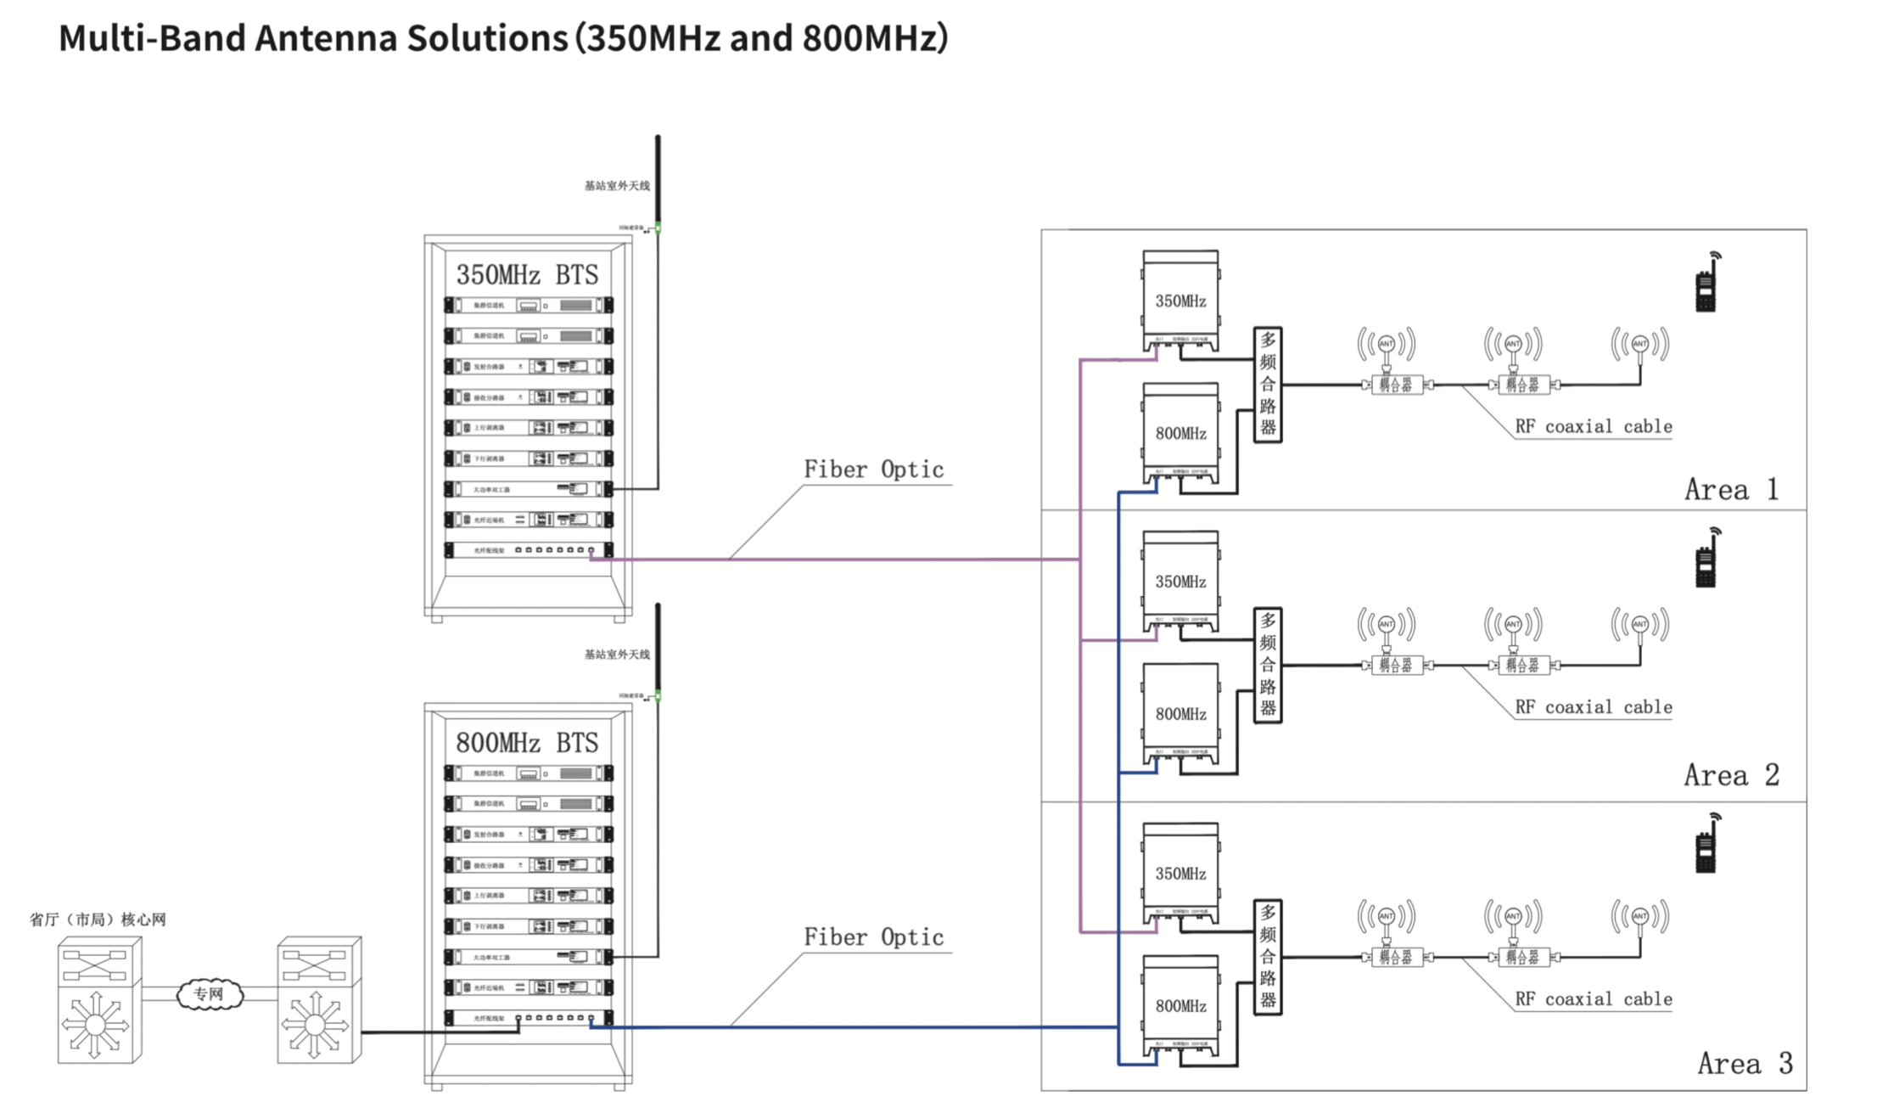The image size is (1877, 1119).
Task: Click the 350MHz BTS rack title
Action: point(527,275)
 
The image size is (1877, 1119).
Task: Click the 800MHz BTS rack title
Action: point(527,743)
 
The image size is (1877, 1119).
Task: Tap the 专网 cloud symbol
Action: point(210,994)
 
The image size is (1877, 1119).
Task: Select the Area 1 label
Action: point(1731,490)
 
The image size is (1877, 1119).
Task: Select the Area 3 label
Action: point(1745,1064)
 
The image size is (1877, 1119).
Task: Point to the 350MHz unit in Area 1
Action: point(1180,301)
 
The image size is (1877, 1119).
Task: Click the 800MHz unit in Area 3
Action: point(1180,1006)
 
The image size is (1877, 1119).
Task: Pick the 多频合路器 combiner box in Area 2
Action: point(1268,665)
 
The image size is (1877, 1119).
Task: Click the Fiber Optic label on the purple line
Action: point(873,470)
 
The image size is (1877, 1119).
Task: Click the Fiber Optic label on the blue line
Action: point(873,937)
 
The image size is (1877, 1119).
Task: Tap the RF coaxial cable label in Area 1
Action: point(1593,426)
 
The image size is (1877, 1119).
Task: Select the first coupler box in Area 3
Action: point(1396,958)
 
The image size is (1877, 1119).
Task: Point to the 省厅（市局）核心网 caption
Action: point(98,919)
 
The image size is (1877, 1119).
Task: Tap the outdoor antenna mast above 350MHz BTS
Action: point(658,178)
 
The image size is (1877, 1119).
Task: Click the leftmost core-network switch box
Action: point(98,1000)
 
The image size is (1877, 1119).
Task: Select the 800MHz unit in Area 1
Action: point(1180,433)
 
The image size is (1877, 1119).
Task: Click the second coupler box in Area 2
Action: point(1522,666)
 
